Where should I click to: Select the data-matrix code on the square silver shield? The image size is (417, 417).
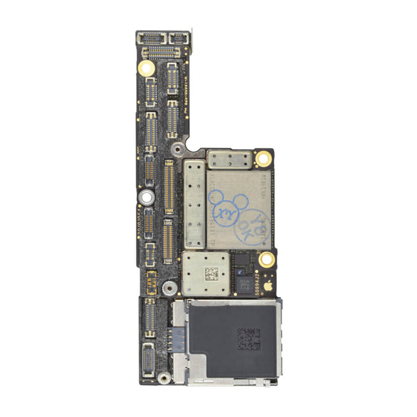211,273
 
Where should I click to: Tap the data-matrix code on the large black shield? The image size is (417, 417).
248,339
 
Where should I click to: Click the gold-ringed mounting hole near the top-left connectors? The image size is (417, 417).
146,68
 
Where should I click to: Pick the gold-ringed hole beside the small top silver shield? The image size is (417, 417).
263,158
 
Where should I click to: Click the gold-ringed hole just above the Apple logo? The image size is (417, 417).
266,259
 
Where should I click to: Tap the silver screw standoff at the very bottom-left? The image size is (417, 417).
163,378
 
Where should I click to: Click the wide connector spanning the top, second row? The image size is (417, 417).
161,52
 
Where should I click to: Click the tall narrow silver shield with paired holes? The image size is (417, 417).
194,204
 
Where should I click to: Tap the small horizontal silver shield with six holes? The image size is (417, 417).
230,159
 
